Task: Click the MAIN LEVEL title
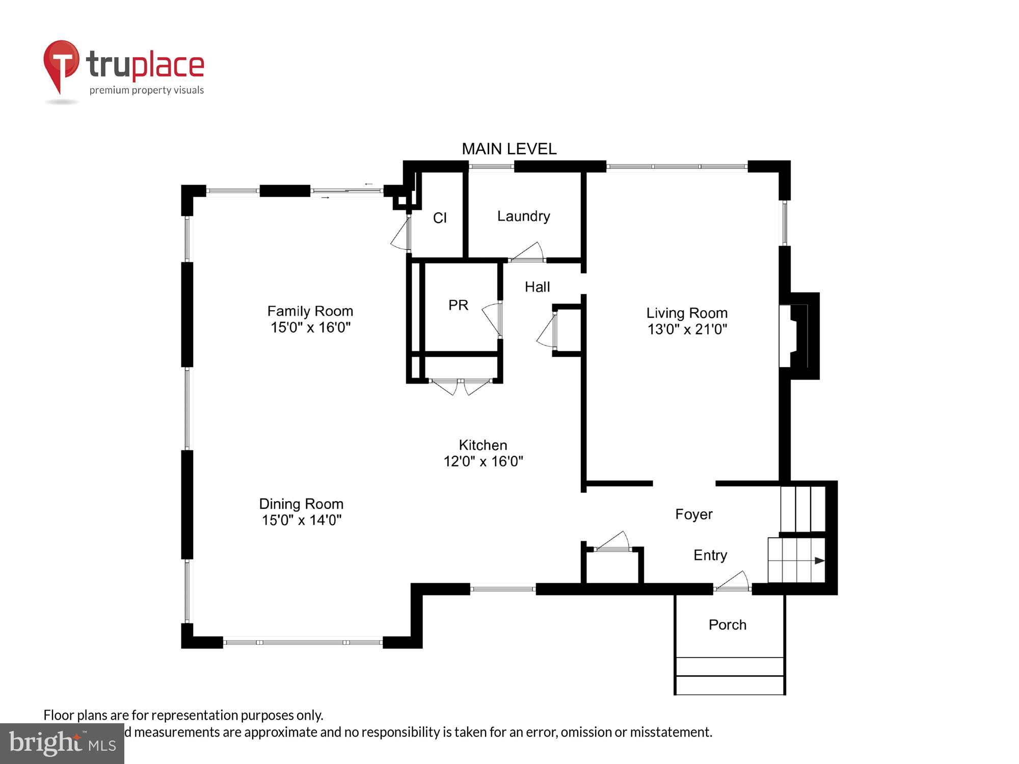(x=509, y=149)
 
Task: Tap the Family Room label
(x=310, y=311)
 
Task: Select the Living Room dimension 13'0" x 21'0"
(x=687, y=330)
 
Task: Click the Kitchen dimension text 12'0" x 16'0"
(x=483, y=461)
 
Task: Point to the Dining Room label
(x=301, y=504)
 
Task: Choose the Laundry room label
(x=523, y=216)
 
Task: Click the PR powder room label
(x=458, y=305)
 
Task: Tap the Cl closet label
(x=440, y=218)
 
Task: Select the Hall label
(x=537, y=287)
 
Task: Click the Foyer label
(x=693, y=514)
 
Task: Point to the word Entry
(x=710, y=555)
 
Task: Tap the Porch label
(x=727, y=625)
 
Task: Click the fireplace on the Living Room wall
(x=798, y=336)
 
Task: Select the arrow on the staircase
(x=819, y=561)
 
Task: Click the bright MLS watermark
(x=62, y=744)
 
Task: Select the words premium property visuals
(x=147, y=91)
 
